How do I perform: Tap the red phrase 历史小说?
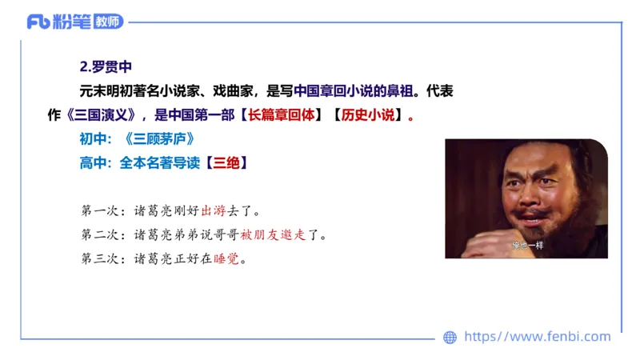(368, 114)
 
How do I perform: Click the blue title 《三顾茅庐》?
(160, 138)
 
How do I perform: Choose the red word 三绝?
(225, 162)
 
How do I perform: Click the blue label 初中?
(93, 138)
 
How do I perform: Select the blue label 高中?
(93, 162)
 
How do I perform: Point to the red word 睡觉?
(226, 259)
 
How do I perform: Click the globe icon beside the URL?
(450, 337)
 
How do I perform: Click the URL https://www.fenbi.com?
(537, 337)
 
